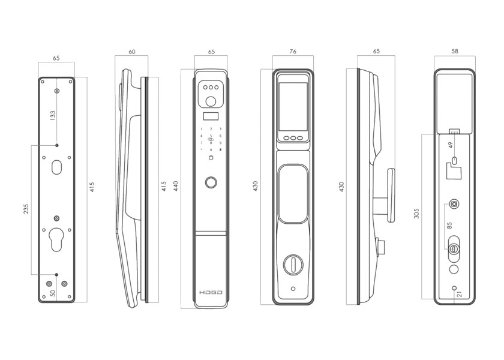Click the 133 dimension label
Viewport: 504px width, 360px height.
click(x=53, y=114)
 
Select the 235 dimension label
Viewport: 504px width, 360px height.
click(x=26, y=209)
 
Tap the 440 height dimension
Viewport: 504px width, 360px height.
click(x=176, y=186)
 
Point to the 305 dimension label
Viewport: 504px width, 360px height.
click(x=416, y=213)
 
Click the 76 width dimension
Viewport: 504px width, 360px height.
click(x=293, y=52)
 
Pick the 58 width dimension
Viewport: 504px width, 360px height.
click(x=454, y=52)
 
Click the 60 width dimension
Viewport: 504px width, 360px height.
click(x=132, y=52)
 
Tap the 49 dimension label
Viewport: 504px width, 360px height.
click(x=451, y=145)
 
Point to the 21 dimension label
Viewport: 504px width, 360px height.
click(x=460, y=294)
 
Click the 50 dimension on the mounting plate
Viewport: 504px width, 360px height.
click(x=53, y=294)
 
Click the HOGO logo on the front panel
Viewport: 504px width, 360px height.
click(x=211, y=293)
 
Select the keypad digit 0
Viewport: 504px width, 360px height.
click(x=211, y=149)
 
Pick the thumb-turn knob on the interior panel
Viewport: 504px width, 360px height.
click(x=293, y=263)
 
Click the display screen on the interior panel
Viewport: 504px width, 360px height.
click(x=293, y=103)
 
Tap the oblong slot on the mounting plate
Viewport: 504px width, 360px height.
click(x=56, y=167)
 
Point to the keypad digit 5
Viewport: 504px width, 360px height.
click(x=211, y=136)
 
